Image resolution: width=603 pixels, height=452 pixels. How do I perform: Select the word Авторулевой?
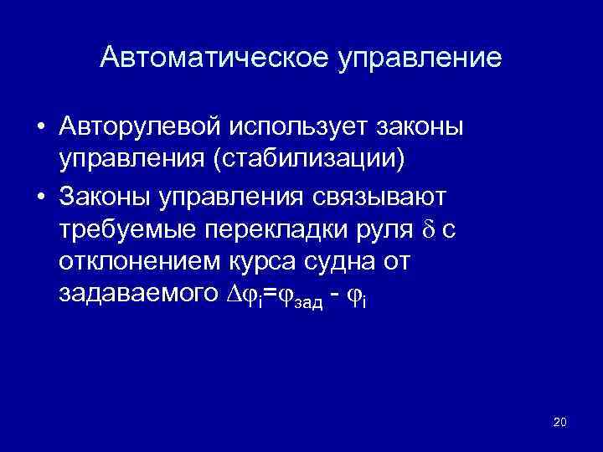pos(140,126)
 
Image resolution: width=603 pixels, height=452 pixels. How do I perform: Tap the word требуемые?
pos(128,229)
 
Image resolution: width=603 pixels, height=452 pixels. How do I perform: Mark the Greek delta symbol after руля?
pos(424,229)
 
